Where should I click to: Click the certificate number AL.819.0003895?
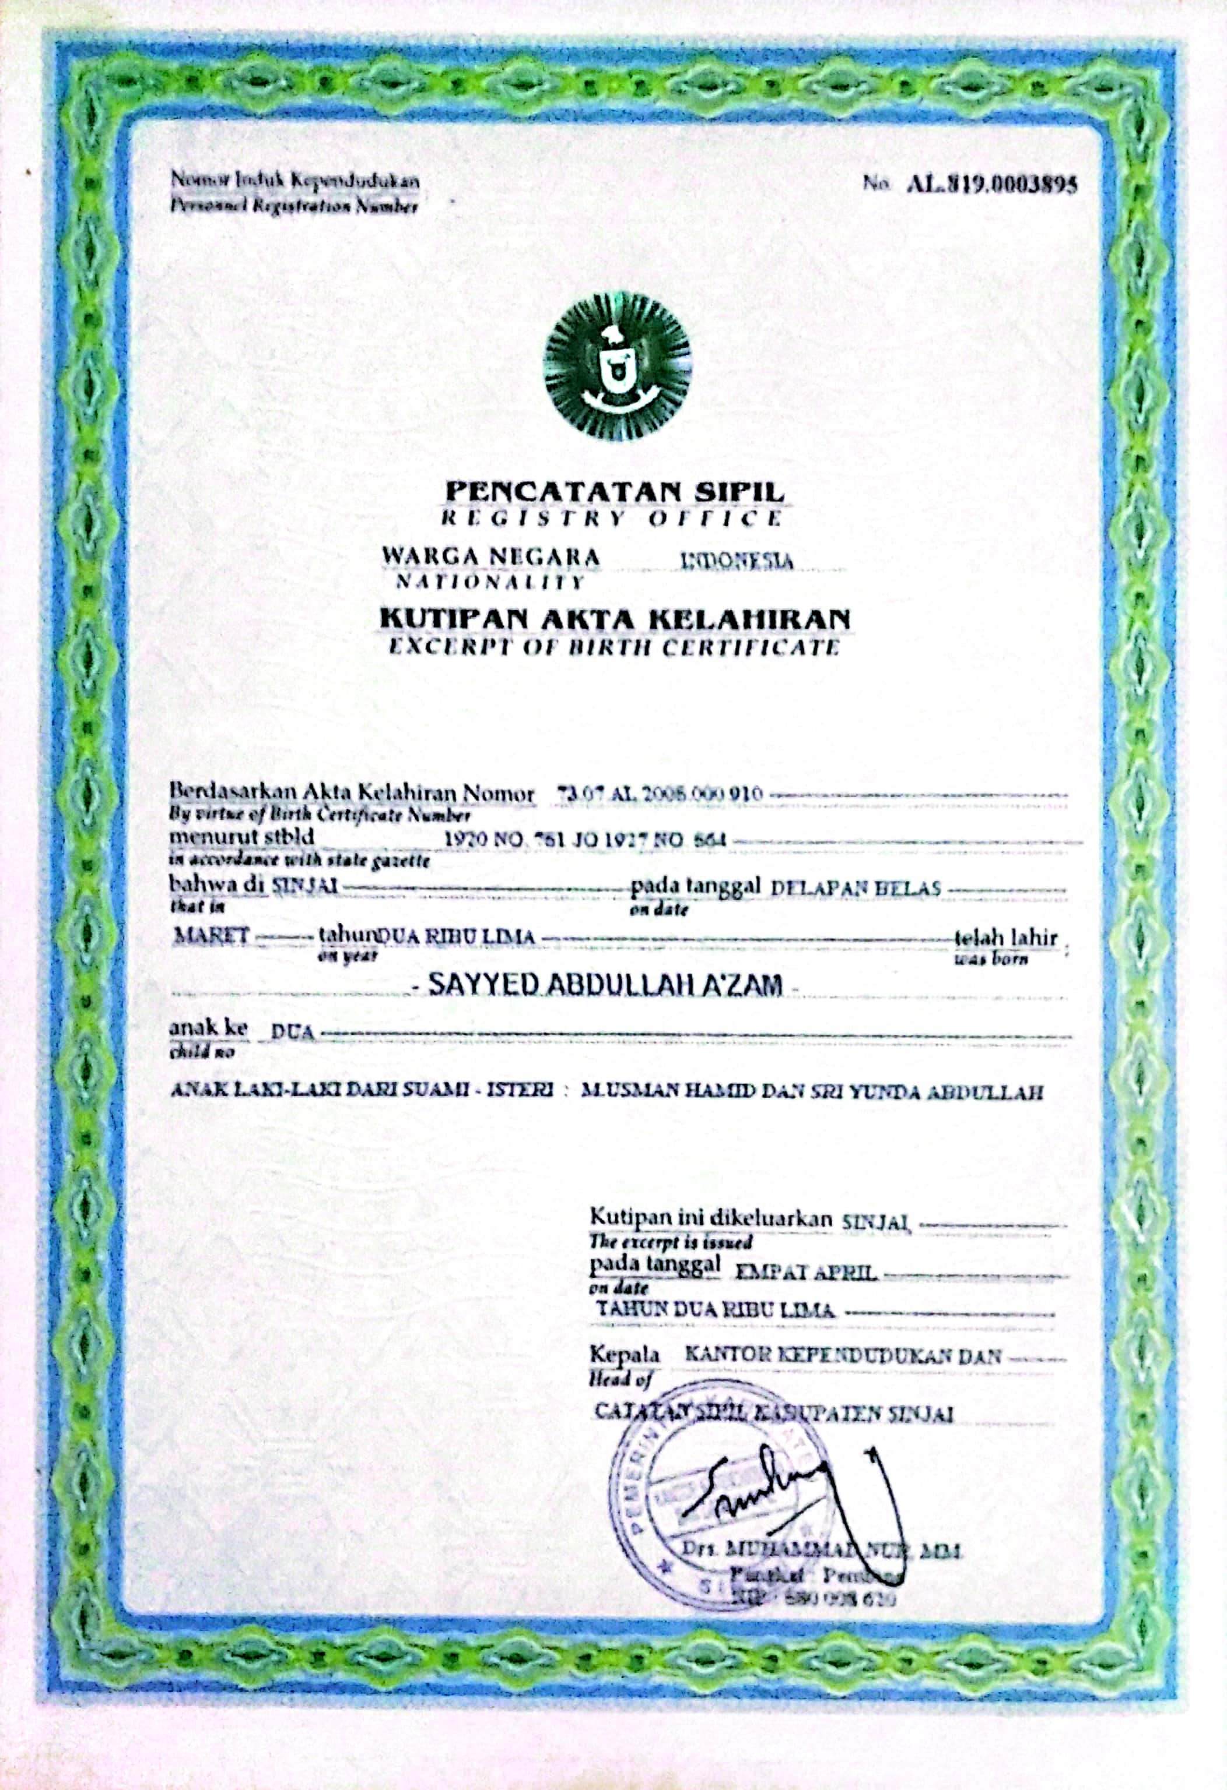point(991,185)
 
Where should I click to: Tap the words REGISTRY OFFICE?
point(611,517)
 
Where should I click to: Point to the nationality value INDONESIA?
point(738,560)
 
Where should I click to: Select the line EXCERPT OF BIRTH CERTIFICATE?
point(613,646)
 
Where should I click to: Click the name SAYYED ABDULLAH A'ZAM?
point(604,984)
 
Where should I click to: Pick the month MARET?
point(211,936)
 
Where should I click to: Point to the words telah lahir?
point(1006,938)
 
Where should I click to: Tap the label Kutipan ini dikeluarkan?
point(711,1218)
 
